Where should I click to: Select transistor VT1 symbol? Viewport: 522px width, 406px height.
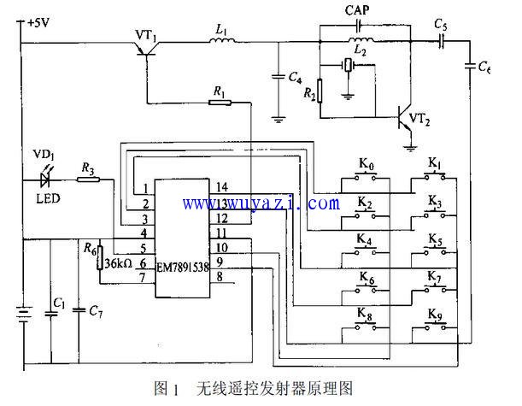click(150, 49)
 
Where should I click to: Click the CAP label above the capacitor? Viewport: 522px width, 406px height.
click(357, 12)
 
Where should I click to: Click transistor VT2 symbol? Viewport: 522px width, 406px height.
click(402, 118)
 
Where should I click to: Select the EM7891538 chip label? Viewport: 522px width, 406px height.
click(180, 267)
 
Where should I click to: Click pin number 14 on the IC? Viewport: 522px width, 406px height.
click(221, 187)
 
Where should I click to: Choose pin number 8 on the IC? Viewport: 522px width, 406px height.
click(220, 276)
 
